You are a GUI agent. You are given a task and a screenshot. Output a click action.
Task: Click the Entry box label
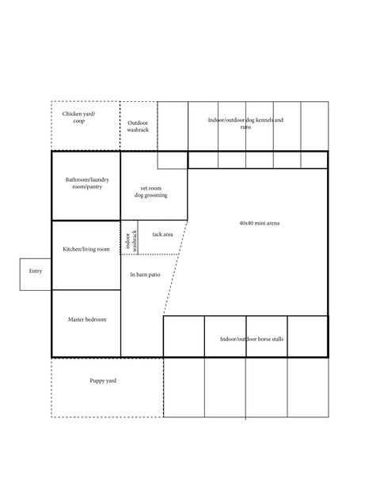tap(35, 271)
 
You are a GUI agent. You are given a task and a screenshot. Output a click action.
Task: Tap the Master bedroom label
tap(87, 319)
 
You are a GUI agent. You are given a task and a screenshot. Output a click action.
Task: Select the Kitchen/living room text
tap(86, 250)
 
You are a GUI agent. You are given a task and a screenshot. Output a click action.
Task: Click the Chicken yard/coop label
tap(78, 118)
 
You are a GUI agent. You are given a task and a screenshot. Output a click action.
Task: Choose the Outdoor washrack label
tap(138, 126)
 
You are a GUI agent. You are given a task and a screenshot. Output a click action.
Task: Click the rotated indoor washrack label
tap(129, 238)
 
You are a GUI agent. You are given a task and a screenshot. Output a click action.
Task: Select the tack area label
tap(163, 235)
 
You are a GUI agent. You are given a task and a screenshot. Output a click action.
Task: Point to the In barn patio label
tap(145, 274)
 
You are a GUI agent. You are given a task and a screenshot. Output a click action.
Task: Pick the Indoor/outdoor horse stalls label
tap(253, 339)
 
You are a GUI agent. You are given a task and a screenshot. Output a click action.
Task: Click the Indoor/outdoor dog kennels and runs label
tap(245, 123)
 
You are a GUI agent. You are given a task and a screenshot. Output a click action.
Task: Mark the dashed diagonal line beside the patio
tap(175, 269)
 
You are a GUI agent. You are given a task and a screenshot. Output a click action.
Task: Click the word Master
tap(77, 319)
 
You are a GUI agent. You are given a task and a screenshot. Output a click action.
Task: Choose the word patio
tap(153, 274)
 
